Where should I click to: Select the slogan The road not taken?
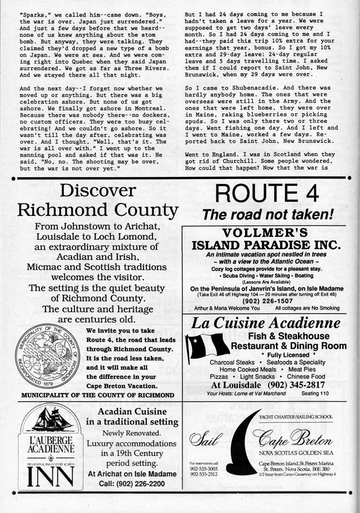pyautogui.click(x=269, y=214)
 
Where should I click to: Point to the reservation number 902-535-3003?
pyautogui.click(x=203, y=469)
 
